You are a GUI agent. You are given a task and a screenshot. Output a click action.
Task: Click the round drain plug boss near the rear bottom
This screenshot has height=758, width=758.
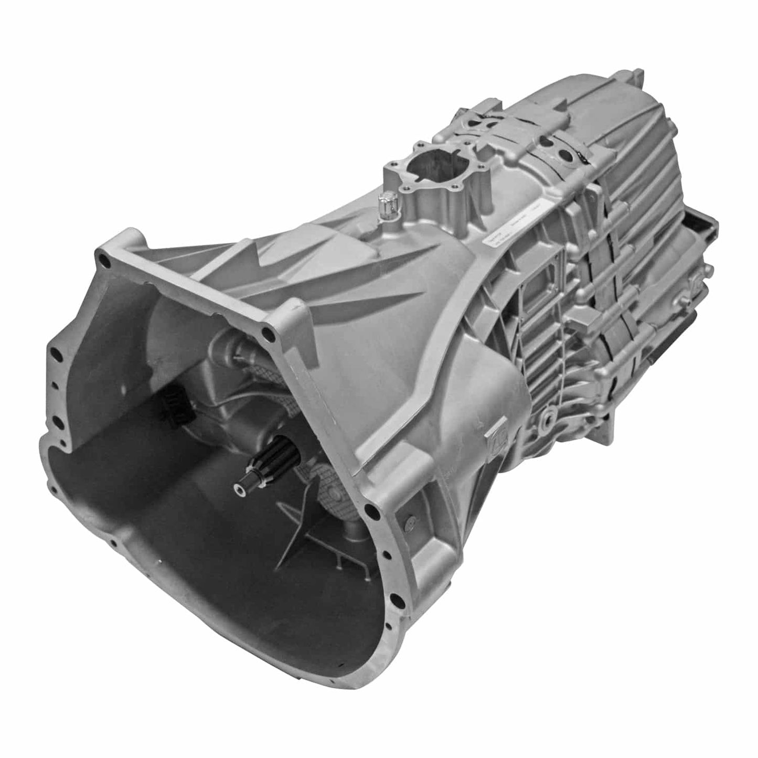[548, 420]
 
